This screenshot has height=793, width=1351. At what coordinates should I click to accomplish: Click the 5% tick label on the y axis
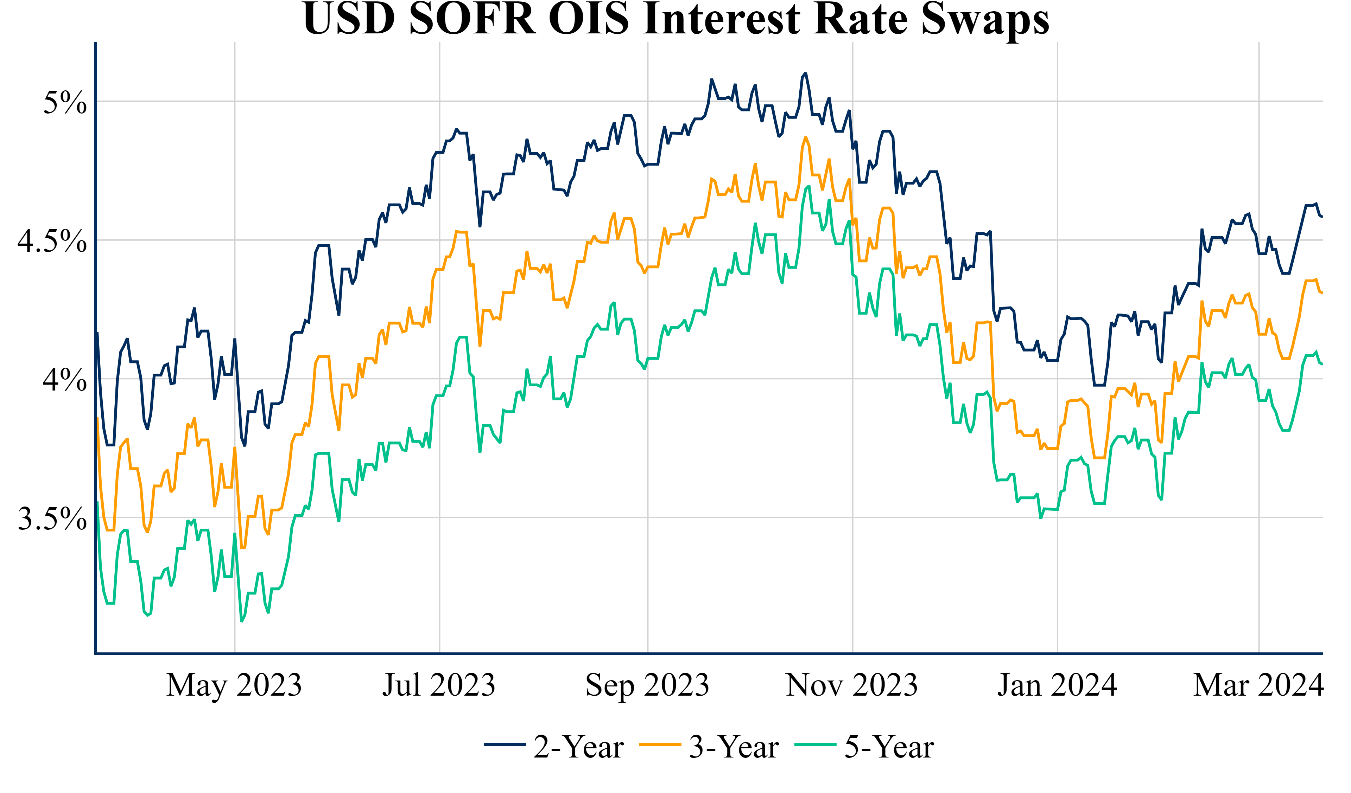coord(64,102)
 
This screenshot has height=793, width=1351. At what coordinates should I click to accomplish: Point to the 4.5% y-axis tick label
coord(52,241)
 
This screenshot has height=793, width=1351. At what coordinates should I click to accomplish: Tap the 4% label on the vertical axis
coord(64,380)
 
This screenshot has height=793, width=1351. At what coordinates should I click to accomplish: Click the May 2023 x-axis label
coord(234,685)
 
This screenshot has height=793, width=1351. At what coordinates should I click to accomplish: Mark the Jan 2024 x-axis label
coord(1057,685)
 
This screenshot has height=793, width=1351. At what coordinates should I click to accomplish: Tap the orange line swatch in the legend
coord(660,745)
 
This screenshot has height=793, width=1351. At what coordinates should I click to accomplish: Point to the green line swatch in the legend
coord(816,745)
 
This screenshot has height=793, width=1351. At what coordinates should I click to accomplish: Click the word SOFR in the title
coord(472,19)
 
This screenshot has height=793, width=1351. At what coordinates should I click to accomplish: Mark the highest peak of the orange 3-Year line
coord(805,138)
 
